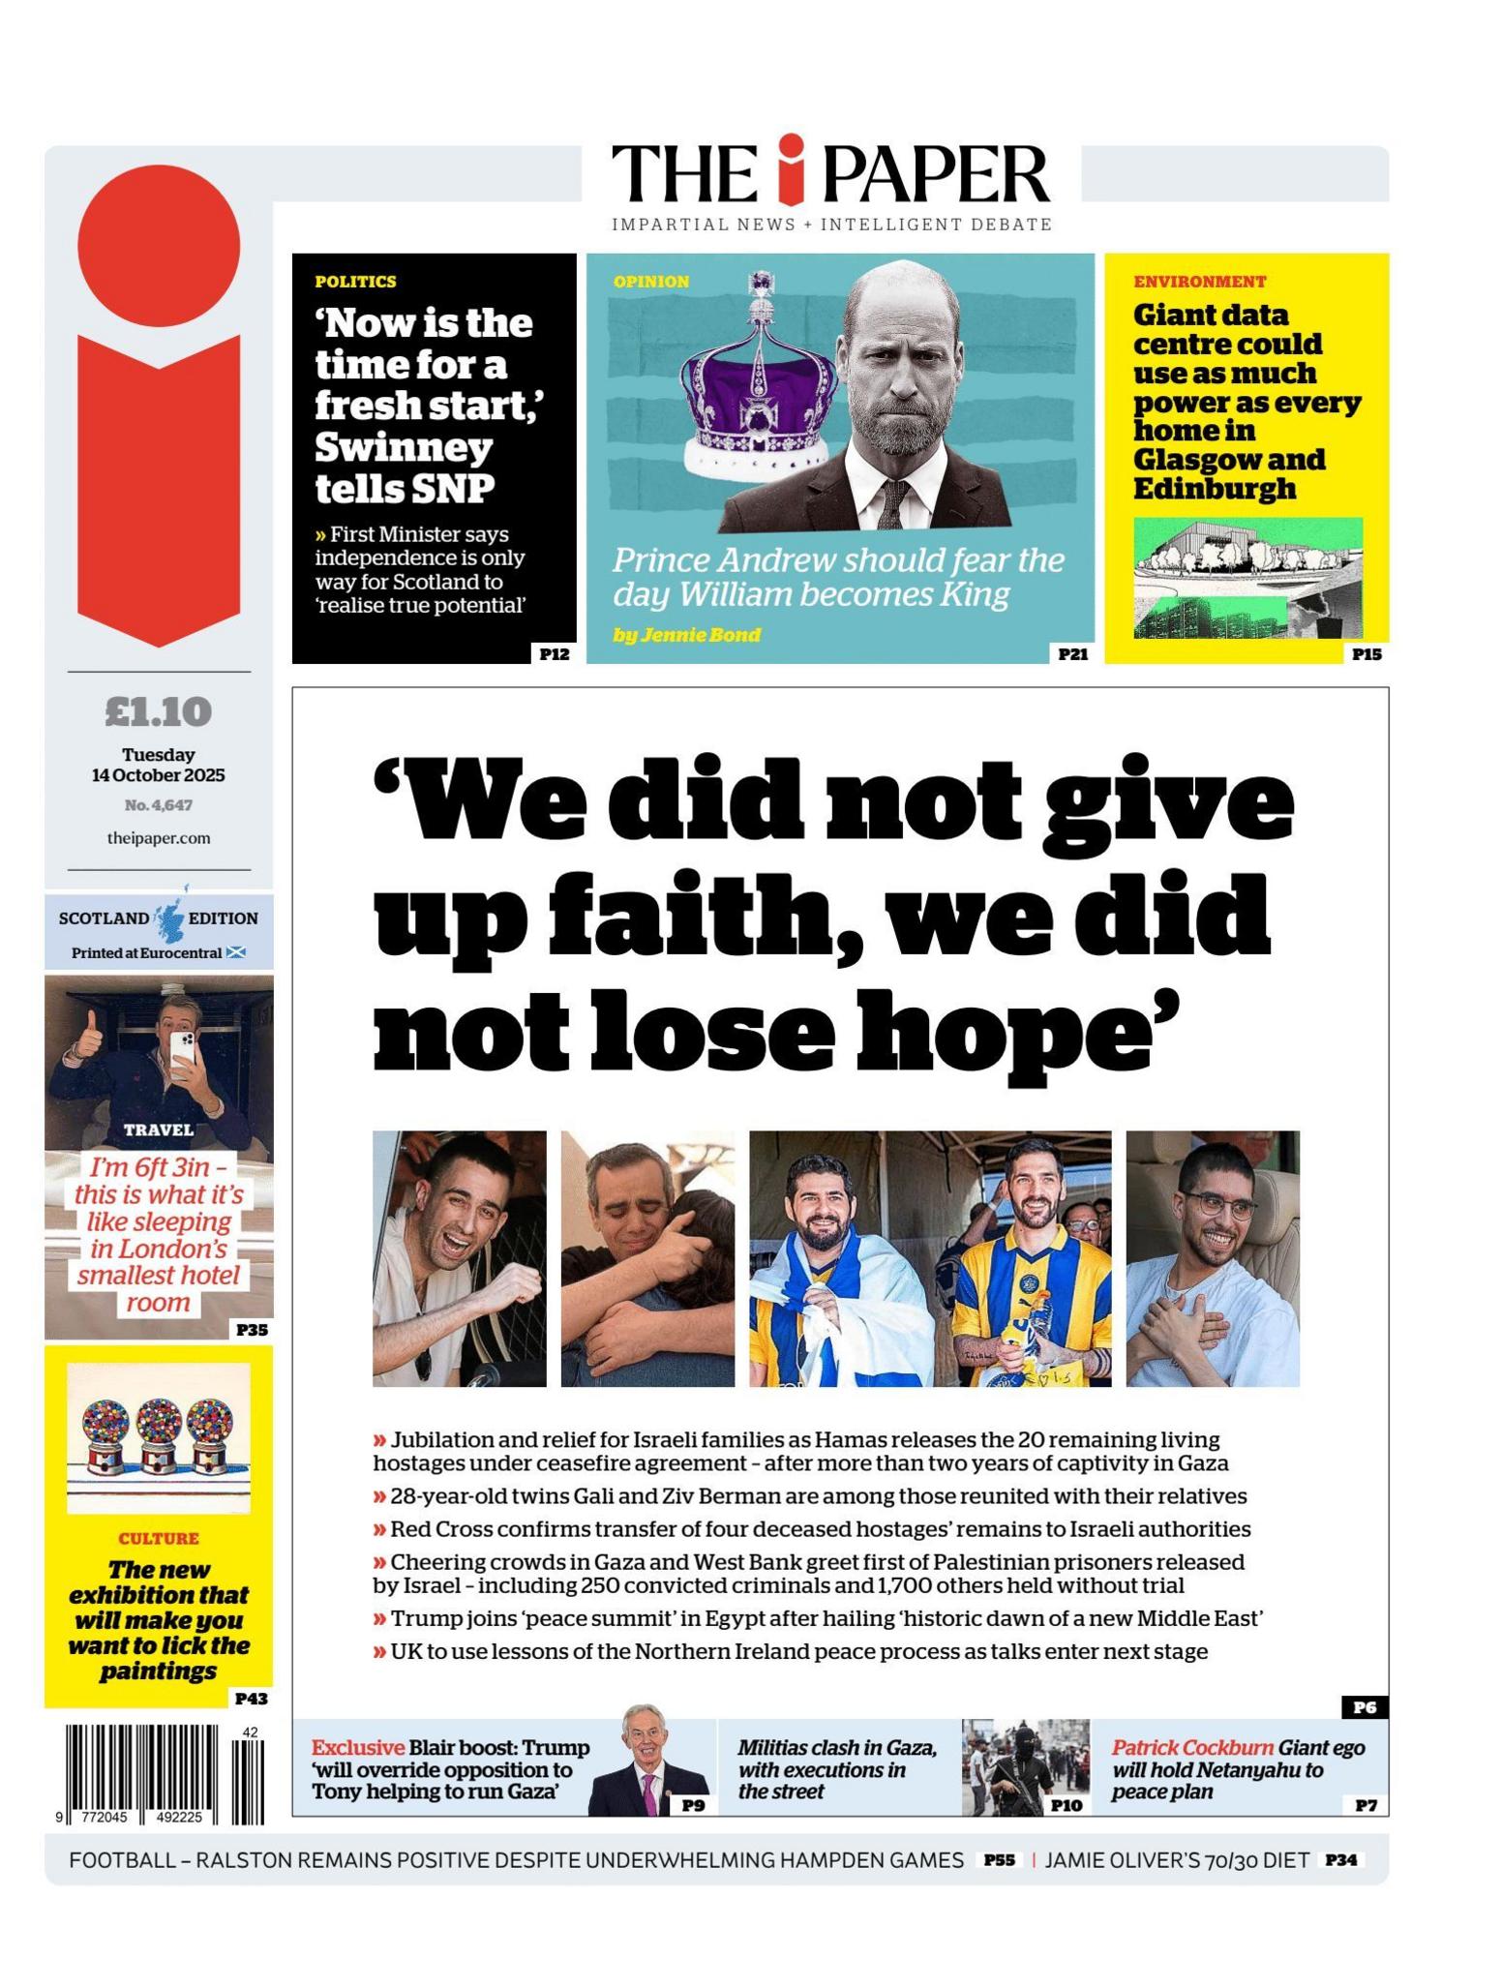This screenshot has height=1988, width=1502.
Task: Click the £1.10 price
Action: click(x=158, y=712)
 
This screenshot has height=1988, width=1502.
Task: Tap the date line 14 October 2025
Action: click(x=158, y=775)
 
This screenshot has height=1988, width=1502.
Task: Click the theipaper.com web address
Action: click(x=158, y=838)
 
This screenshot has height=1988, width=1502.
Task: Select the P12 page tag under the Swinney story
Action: click(x=554, y=654)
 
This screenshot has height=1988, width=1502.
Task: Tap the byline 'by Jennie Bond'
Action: click(x=686, y=635)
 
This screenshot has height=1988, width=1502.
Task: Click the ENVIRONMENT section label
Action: click(x=1199, y=282)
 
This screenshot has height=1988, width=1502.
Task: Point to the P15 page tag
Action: click(x=1367, y=654)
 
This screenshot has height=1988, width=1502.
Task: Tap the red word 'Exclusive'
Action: click(x=357, y=1748)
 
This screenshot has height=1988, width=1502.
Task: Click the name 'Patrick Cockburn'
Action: click(x=1191, y=1748)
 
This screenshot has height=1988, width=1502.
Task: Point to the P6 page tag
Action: click(x=1365, y=1707)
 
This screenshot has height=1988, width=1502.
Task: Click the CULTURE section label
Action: click(x=159, y=1539)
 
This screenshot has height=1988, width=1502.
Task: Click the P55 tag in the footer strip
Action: click(x=999, y=1859)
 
